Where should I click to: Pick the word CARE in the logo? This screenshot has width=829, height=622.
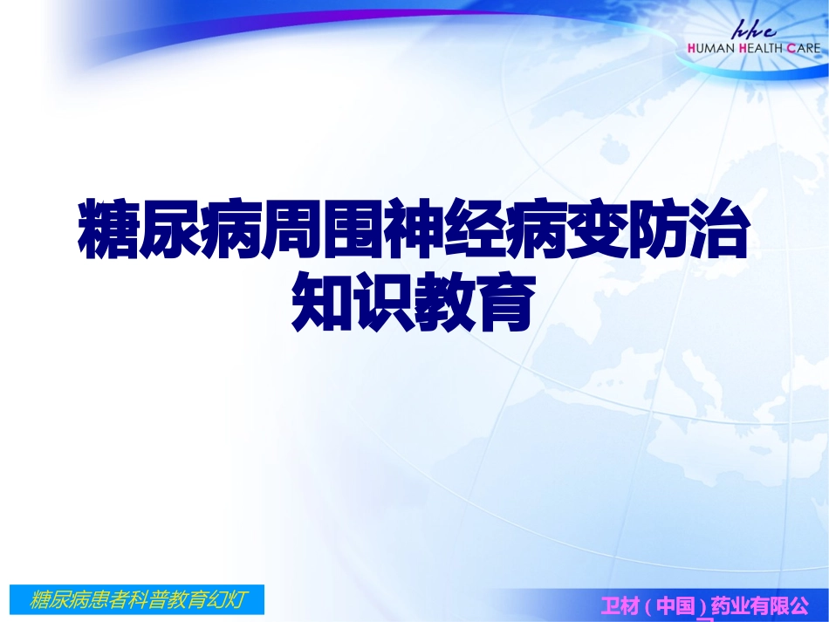pos(804,48)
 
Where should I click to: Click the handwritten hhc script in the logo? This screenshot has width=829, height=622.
pos(762,28)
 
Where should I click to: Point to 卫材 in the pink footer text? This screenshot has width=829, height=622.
pos(620,605)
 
